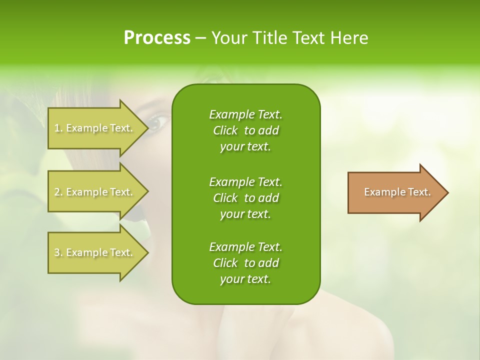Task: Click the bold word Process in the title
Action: pyautogui.click(x=157, y=38)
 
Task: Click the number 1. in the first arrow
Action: pyautogui.click(x=58, y=128)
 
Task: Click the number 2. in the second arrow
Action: pyautogui.click(x=58, y=192)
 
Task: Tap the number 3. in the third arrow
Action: pyautogui.click(x=58, y=252)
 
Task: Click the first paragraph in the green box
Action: pyautogui.click(x=245, y=130)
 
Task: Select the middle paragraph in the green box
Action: pyautogui.click(x=245, y=197)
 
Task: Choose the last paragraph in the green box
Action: pyautogui.click(x=245, y=263)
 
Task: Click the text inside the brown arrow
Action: pyautogui.click(x=397, y=192)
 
